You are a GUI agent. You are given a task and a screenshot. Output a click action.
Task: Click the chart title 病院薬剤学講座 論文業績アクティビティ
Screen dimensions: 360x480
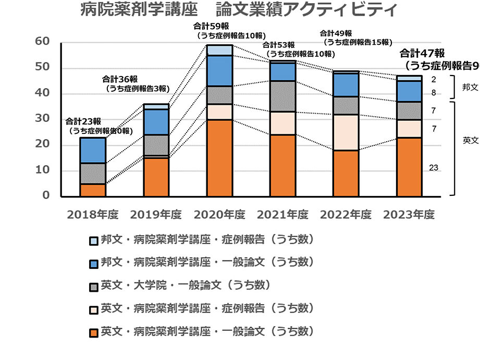click(x=239, y=10)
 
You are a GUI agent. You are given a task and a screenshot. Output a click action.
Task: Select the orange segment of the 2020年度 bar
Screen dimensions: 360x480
click(x=219, y=158)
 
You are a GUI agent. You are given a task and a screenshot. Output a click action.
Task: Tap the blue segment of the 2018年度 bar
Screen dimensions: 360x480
click(x=93, y=150)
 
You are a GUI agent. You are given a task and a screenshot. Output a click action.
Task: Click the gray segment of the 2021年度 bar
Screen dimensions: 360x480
click(x=282, y=96)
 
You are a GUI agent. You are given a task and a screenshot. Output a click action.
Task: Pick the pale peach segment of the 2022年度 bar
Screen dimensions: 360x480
click(x=346, y=132)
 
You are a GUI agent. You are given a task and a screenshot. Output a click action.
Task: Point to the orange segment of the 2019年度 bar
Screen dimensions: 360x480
click(x=156, y=177)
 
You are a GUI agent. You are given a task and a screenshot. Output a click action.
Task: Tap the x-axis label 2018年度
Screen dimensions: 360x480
click(x=93, y=215)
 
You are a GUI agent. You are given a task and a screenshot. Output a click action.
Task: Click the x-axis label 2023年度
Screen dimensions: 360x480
click(x=409, y=215)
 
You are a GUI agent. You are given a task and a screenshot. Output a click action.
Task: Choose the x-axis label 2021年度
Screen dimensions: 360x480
click(x=282, y=215)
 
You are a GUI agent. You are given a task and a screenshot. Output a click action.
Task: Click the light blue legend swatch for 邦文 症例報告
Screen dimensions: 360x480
click(x=94, y=241)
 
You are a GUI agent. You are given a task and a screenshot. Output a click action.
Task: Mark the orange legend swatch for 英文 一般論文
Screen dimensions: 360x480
click(x=94, y=332)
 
